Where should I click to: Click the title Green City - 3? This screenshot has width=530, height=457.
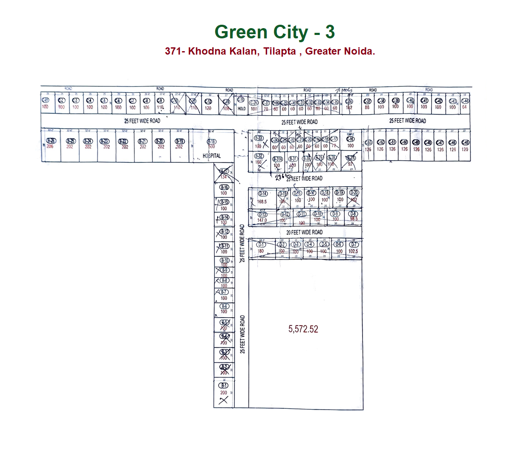click(274, 32)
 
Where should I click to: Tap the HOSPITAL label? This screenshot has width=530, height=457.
click(211, 156)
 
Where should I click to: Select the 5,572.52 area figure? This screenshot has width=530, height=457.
click(303, 329)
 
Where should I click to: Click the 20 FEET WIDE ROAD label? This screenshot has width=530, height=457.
click(304, 232)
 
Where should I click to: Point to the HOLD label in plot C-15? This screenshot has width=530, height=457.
click(242, 109)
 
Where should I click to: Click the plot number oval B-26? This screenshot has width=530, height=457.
click(51, 141)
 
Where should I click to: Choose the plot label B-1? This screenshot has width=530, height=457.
click(224, 385)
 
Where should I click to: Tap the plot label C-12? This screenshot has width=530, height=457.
click(208, 101)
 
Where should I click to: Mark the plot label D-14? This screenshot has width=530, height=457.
click(263, 194)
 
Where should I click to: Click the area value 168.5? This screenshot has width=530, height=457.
click(262, 202)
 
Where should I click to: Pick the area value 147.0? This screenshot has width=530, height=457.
click(262, 220)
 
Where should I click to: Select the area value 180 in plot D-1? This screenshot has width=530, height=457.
click(260, 251)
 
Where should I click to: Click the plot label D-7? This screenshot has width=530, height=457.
click(354, 245)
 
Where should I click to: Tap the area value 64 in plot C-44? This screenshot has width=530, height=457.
click(464, 107)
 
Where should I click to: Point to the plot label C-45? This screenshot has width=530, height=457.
click(465, 142)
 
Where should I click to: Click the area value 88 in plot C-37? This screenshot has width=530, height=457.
click(367, 108)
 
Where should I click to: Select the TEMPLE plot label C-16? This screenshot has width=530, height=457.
click(350, 139)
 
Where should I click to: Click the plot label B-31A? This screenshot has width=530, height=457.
click(277, 159)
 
